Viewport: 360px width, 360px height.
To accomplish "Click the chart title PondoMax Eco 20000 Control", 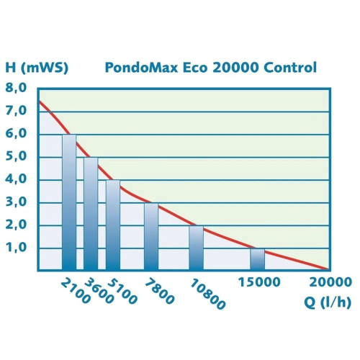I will point(210,68).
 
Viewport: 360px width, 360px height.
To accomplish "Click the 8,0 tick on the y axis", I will point(17,89).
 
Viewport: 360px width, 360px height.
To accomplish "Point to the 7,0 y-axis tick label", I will point(17,112).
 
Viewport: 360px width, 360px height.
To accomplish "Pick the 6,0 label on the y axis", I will point(17,134).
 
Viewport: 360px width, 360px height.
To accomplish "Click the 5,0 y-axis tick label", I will point(17,157).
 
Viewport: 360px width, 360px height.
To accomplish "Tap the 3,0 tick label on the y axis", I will point(17,202).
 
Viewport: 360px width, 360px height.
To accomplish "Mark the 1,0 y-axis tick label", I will point(17,248).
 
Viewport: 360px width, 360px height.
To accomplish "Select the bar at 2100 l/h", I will point(69,202).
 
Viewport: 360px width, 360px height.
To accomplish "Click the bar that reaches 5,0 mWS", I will point(91,214).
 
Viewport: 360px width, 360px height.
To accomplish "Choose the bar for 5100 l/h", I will point(113,225).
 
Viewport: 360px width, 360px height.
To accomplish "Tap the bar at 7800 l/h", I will point(151,236).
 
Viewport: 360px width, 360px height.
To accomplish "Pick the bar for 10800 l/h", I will point(197,248).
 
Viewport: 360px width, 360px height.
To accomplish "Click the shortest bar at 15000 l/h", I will point(258,259).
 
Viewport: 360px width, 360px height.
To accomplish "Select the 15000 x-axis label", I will point(258,282).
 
